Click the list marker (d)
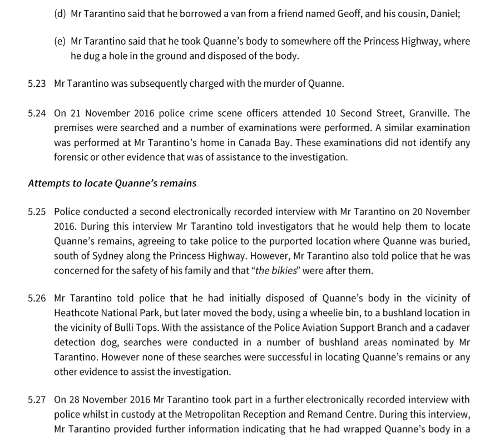(60, 14)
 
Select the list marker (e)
(60, 42)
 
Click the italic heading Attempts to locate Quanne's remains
(112, 183)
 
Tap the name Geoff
(352, 14)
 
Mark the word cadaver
(451, 327)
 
